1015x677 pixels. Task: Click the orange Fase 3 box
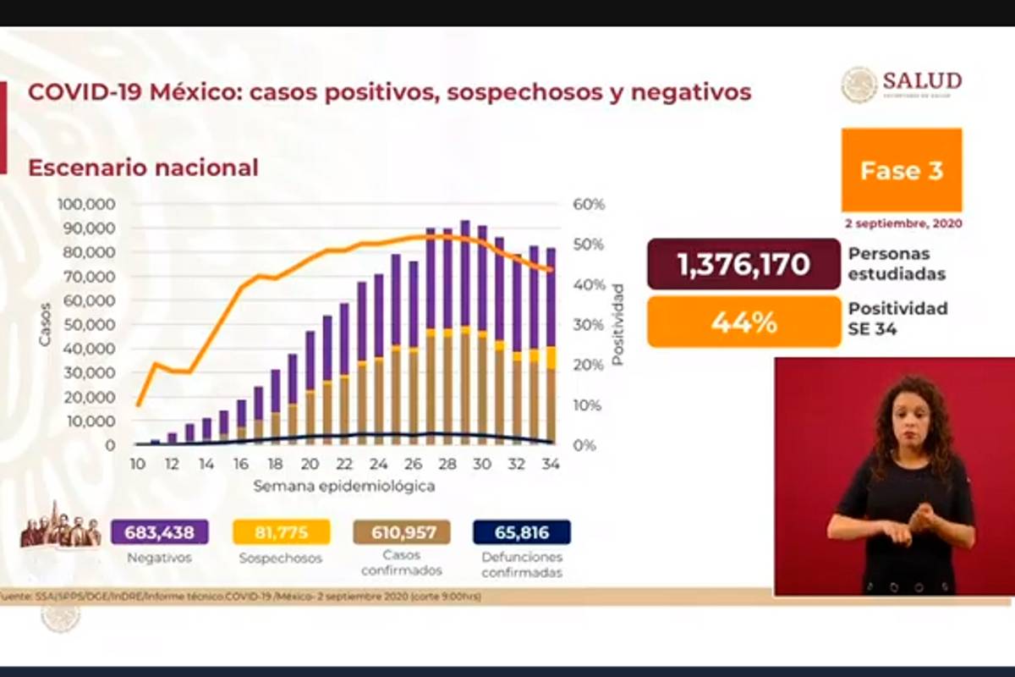click(x=901, y=170)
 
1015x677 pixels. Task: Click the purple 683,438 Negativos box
click(x=159, y=532)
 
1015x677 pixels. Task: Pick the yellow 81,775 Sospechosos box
click(x=282, y=532)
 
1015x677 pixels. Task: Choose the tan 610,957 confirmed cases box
click(x=402, y=532)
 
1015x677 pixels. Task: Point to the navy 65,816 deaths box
click(x=522, y=532)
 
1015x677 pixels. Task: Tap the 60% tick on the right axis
click(x=589, y=205)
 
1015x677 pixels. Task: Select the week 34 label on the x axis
click(x=551, y=465)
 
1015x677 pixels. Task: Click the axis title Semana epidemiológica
click(x=344, y=487)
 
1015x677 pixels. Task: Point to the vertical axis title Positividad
click(x=617, y=324)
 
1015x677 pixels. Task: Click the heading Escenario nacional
click(x=143, y=168)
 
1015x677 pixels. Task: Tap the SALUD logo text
click(x=922, y=81)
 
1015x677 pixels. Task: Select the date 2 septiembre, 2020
click(x=903, y=224)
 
